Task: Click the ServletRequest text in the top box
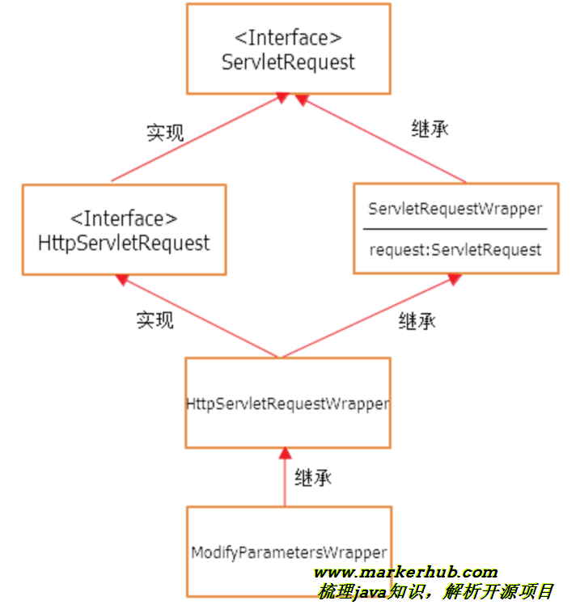pyautogui.click(x=288, y=62)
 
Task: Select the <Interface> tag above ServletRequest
pyautogui.click(x=288, y=38)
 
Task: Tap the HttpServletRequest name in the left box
pyautogui.click(x=124, y=243)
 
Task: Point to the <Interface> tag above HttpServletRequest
pyautogui.click(x=124, y=218)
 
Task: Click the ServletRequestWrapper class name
pyautogui.click(x=455, y=209)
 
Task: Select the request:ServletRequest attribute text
pyautogui.click(x=455, y=250)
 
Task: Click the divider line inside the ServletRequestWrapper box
pyautogui.click(x=455, y=229)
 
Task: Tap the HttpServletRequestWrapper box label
pyautogui.click(x=288, y=403)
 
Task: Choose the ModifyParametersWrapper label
pyautogui.click(x=288, y=553)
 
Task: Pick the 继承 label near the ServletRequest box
pyautogui.click(x=430, y=129)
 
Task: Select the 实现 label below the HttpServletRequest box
pyautogui.click(x=155, y=320)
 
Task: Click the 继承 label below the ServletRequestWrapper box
pyautogui.click(x=417, y=321)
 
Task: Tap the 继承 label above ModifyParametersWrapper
pyautogui.click(x=314, y=477)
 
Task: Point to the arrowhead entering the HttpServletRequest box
pyautogui.click(x=122, y=280)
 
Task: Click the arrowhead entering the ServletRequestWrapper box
pyautogui.click(x=454, y=279)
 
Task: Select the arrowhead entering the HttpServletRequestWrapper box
pyautogui.click(x=283, y=453)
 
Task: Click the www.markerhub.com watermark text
pyautogui.click(x=404, y=573)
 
